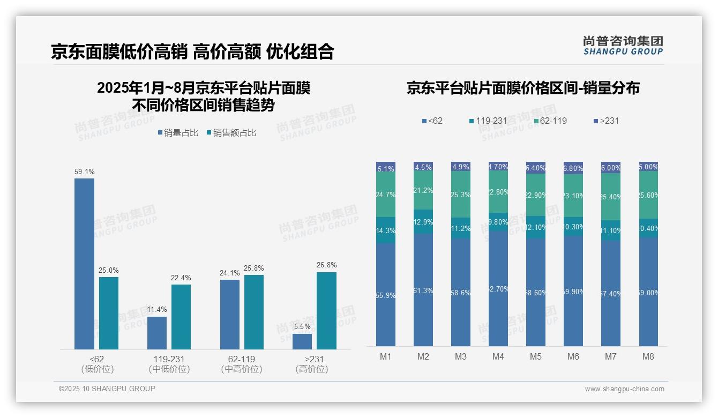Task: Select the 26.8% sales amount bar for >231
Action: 326,311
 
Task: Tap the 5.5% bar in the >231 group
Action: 302,341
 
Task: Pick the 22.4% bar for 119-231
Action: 181,317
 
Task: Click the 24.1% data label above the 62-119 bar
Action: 229,273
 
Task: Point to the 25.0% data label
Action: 108,270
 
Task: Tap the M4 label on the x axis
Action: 498,356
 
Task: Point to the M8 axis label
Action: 648,356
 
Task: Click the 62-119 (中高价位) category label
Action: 241,364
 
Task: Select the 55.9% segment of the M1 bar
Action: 386,295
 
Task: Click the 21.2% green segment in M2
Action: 423,190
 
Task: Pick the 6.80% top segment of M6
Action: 573,168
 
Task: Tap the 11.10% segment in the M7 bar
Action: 611,230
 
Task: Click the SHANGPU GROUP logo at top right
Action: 623,46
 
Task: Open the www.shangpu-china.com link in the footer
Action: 624,389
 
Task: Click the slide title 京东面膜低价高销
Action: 118,51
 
